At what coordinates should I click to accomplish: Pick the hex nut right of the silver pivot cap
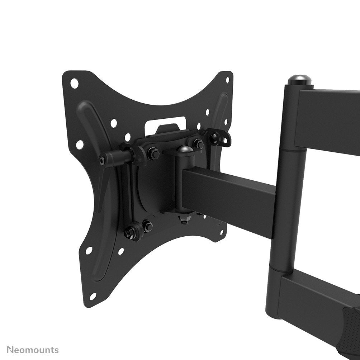[x=198, y=144]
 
